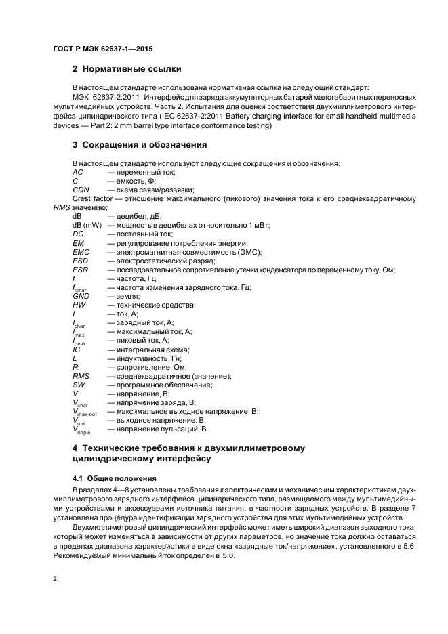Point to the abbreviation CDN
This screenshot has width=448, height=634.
[x=81, y=190]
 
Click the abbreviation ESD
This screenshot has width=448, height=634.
[x=81, y=261]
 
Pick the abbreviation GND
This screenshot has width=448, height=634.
[x=81, y=297]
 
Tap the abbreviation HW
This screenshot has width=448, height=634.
[x=79, y=305]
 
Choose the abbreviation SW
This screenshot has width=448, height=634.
[x=79, y=385]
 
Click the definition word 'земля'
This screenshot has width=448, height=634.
[x=128, y=297]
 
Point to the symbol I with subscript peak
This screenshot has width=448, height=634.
[x=79, y=341]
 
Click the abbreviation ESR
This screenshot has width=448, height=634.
[x=81, y=270]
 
